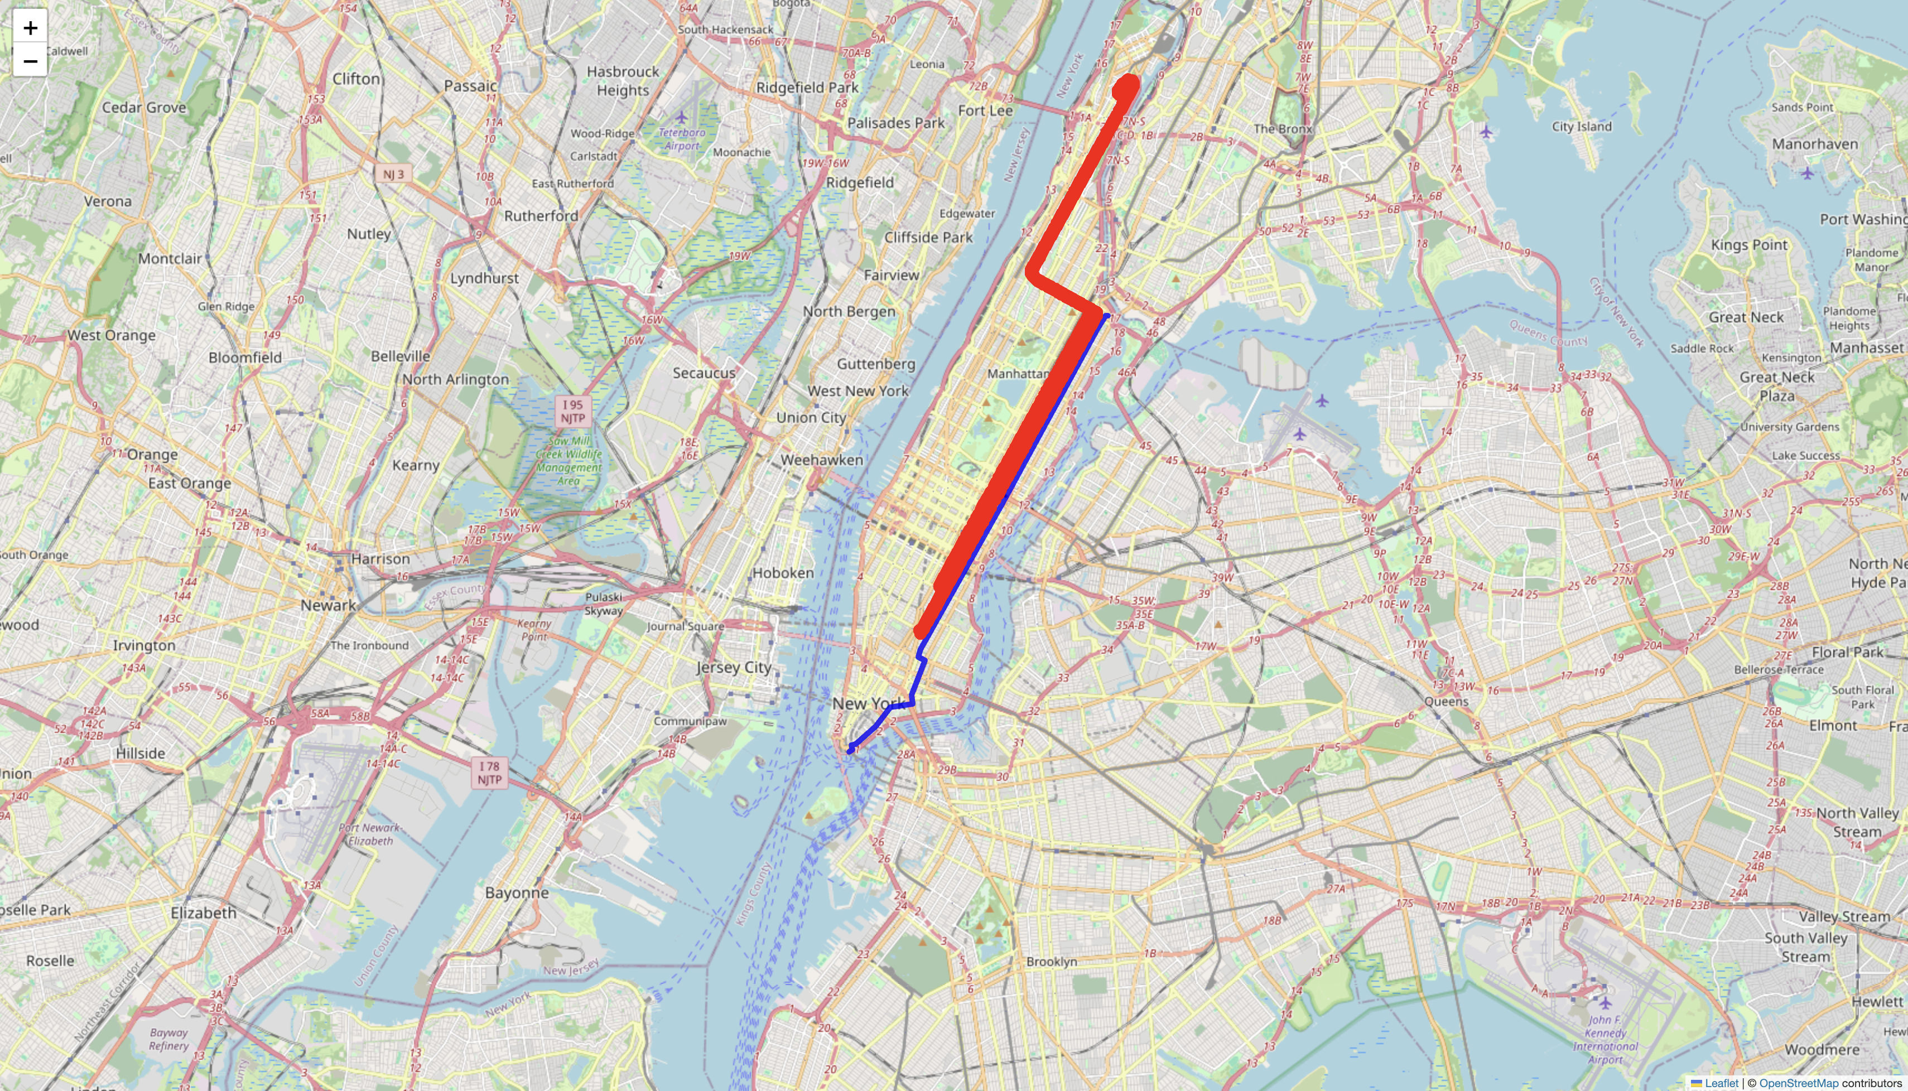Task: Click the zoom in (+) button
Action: (x=30, y=28)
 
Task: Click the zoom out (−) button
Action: (x=30, y=61)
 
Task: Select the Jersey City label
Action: (x=733, y=668)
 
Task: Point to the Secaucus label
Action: (x=704, y=373)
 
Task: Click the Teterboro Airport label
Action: (x=681, y=139)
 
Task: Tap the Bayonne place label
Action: (x=517, y=893)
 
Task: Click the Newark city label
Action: (x=328, y=605)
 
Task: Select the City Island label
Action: (x=1581, y=127)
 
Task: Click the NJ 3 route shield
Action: (x=393, y=174)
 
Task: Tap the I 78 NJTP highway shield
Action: (x=489, y=773)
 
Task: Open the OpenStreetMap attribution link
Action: (x=1799, y=1083)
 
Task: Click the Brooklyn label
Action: (x=1052, y=962)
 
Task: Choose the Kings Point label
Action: (x=1749, y=245)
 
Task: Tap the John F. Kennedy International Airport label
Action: (x=1605, y=1039)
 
